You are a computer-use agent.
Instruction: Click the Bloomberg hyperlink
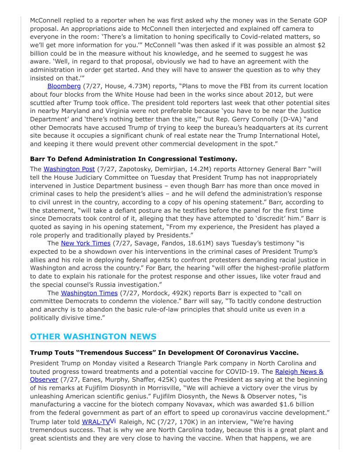tap(64, 86)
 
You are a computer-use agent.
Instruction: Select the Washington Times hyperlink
tap(89, 293)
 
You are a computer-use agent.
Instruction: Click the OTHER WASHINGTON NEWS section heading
tap(93, 337)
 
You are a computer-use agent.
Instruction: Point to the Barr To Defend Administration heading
tap(133, 159)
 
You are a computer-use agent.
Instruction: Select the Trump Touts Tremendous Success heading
tap(164, 353)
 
